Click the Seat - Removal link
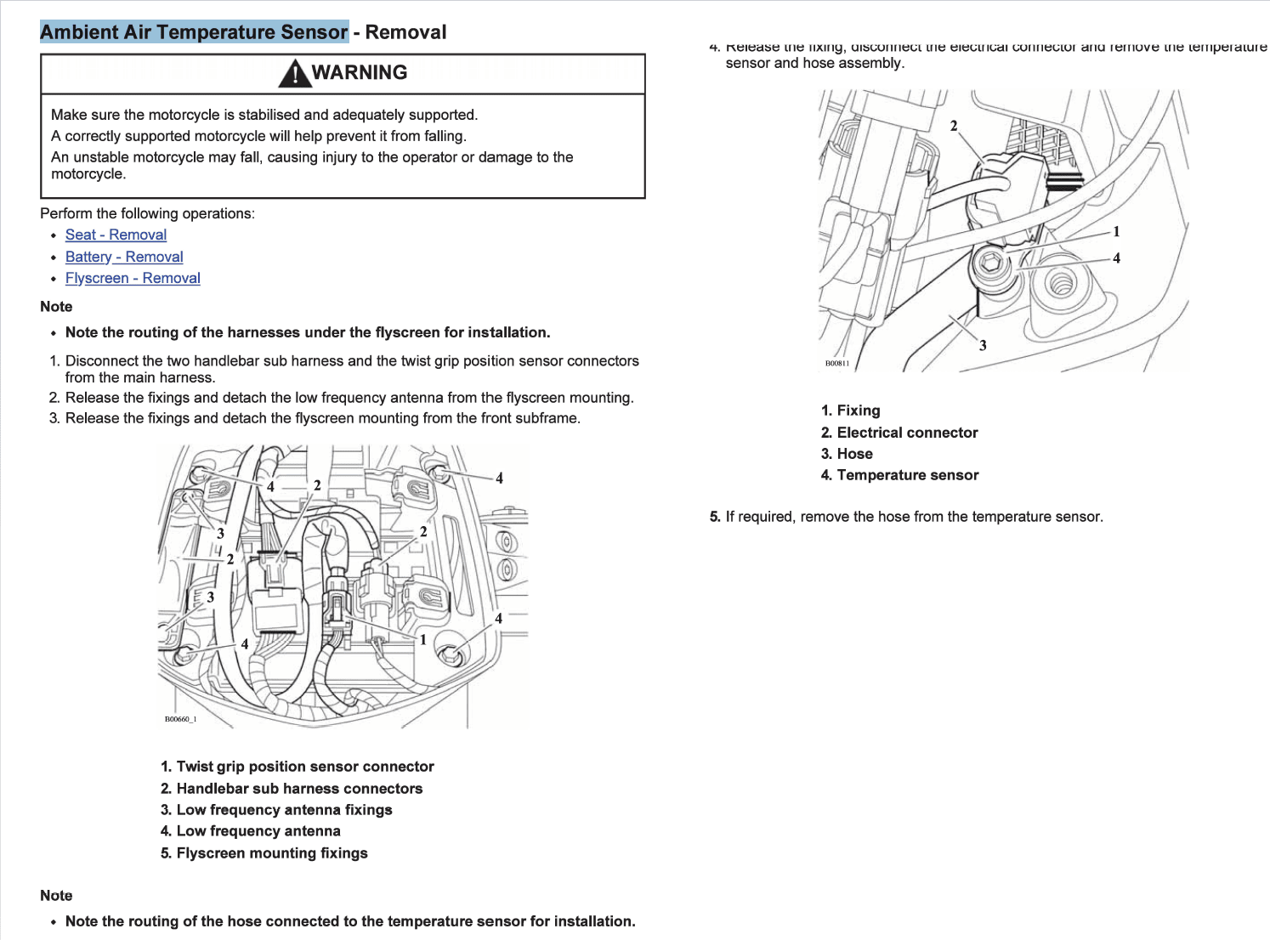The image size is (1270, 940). point(116,235)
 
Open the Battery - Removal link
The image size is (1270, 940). point(124,257)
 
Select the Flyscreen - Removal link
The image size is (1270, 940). point(133,278)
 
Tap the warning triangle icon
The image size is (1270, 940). point(294,74)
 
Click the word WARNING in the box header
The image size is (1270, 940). point(360,73)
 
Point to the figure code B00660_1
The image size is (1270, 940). point(180,719)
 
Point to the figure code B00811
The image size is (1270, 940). point(837,364)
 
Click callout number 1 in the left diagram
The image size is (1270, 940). point(422,640)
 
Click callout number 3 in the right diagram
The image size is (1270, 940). point(983,345)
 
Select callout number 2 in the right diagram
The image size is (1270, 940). point(954,126)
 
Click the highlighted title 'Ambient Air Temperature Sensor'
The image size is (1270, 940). point(194,32)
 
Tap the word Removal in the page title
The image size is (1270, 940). point(405,32)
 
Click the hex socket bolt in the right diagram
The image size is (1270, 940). point(990,263)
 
